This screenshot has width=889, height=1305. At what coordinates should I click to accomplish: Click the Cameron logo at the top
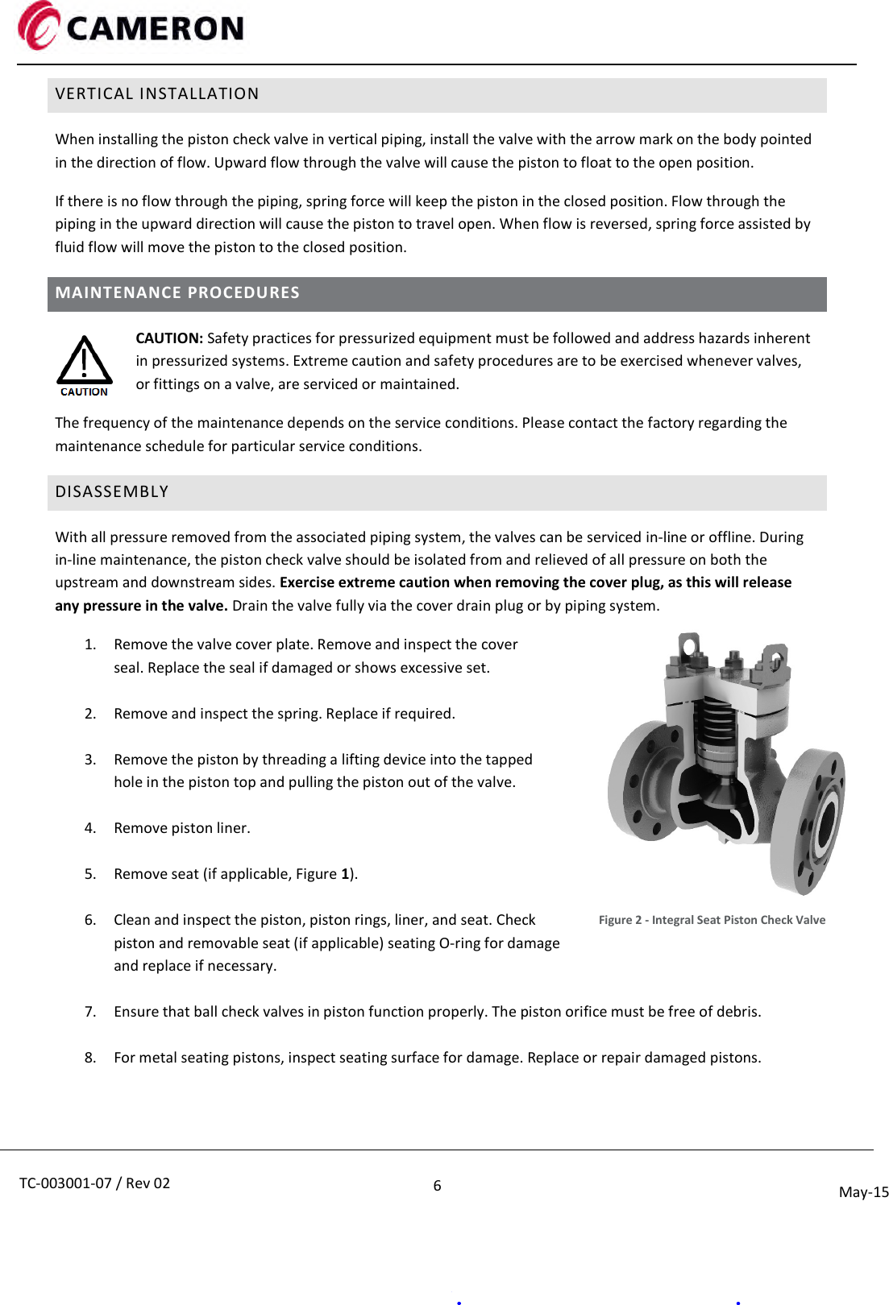click(x=131, y=27)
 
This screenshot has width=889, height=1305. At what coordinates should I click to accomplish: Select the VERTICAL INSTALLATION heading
click(x=157, y=94)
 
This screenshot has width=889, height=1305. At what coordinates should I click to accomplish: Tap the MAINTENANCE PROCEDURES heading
click(x=177, y=293)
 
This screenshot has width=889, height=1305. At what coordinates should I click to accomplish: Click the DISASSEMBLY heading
click(x=112, y=492)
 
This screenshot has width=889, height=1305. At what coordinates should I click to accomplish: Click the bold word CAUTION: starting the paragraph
click(x=169, y=338)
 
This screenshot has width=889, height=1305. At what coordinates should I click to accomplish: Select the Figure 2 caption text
click(x=712, y=920)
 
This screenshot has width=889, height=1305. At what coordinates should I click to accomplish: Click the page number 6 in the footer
click(x=437, y=1185)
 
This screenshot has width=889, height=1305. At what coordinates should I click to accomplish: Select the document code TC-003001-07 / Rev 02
click(x=94, y=1183)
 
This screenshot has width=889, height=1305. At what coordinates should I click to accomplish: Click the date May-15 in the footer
click(x=863, y=1192)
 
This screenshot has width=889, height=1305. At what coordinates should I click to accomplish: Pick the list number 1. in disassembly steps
click(x=90, y=644)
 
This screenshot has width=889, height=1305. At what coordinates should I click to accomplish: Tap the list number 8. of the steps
click(x=90, y=1058)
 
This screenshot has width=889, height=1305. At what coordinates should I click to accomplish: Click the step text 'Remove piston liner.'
click(x=182, y=828)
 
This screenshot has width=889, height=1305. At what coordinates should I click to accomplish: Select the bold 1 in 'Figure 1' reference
click(x=345, y=874)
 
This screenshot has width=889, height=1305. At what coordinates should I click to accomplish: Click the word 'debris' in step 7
click(x=737, y=1012)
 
